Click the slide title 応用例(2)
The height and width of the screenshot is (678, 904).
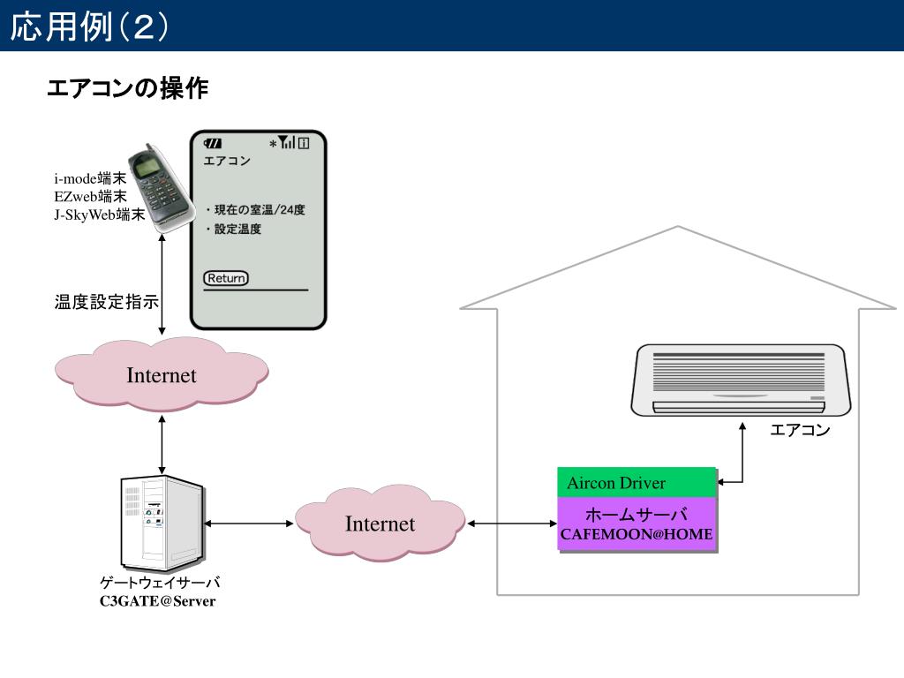tap(89, 26)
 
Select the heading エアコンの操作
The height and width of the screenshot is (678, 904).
tap(127, 88)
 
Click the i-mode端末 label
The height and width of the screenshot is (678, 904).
tap(90, 179)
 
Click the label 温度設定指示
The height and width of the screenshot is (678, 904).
tap(107, 303)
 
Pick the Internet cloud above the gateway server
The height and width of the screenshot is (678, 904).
tap(162, 375)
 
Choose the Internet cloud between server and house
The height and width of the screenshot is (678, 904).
tap(380, 524)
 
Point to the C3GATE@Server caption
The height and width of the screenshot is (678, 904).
tap(157, 602)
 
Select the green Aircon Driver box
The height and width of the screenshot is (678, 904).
tap(636, 483)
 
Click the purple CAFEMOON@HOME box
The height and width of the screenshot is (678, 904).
tap(636, 524)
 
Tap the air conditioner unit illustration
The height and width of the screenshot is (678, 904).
tap(741, 380)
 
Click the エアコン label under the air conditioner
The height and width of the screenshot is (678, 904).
tap(800, 430)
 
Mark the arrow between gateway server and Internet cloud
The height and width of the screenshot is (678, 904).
tap(248, 524)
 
